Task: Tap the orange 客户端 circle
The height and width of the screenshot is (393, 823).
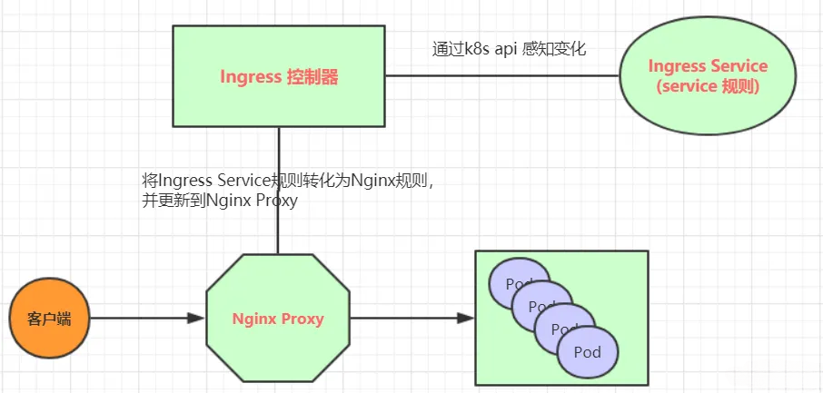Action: (49, 319)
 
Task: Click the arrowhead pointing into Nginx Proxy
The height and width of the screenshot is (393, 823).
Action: (194, 319)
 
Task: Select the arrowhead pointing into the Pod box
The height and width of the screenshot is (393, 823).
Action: (465, 319)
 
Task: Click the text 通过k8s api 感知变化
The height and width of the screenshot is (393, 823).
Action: (509, 49)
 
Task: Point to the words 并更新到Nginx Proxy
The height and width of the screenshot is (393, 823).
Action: (219, 201)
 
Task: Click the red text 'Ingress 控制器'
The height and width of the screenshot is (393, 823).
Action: (278, 77)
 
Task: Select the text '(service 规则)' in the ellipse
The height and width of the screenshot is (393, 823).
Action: (708, 88)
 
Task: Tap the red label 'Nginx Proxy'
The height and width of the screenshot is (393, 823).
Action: (278, 319)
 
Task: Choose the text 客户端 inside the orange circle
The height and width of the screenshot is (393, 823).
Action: (49, 319)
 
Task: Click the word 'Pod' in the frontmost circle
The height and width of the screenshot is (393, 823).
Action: (588, 352)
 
